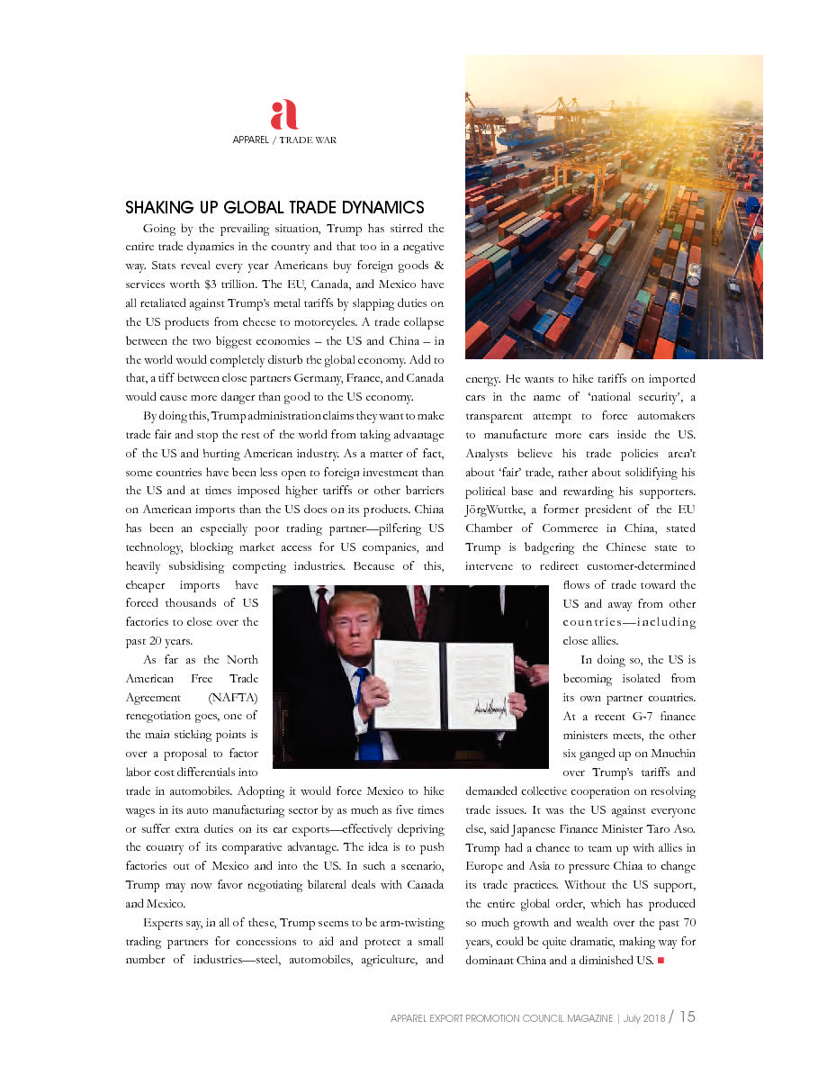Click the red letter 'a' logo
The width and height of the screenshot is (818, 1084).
284,115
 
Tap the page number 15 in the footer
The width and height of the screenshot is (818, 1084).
688,1016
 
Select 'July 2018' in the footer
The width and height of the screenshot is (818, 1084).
643,1018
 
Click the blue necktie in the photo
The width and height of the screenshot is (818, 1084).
366,711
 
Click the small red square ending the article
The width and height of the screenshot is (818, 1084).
661,961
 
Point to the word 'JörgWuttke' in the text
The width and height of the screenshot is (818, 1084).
496,509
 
